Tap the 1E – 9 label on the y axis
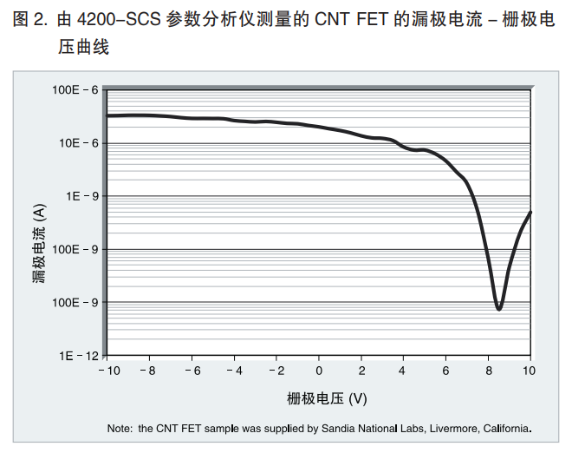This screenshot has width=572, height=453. tap(81, 196)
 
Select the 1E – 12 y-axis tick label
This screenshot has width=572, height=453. tap(78, 356)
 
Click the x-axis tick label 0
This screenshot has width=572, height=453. tap(318, 371)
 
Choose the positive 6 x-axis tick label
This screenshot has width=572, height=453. tap(445, 371)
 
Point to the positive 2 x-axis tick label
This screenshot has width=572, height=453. tap(361, 371)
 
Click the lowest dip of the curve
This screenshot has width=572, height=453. tap(498, 308)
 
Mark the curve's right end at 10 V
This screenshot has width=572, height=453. tap(530, 212)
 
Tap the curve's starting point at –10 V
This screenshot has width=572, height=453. tap(107, 115)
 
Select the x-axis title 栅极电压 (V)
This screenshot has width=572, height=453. tap(327, 399)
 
